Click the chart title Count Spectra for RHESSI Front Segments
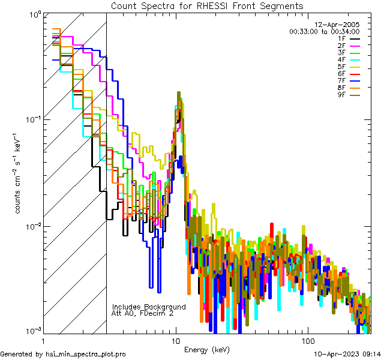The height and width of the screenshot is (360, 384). tap(206, 5)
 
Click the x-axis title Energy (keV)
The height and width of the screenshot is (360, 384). tap(206, 350)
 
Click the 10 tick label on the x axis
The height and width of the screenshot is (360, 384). tap(176, 340)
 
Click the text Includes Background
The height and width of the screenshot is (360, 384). tap(149, 307)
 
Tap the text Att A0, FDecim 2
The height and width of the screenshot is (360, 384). tap(142, 313)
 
